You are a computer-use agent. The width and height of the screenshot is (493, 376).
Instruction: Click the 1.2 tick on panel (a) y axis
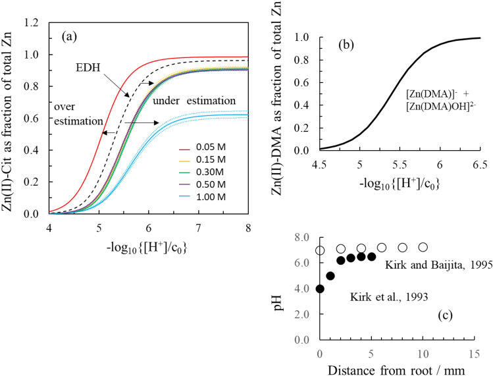31,22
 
